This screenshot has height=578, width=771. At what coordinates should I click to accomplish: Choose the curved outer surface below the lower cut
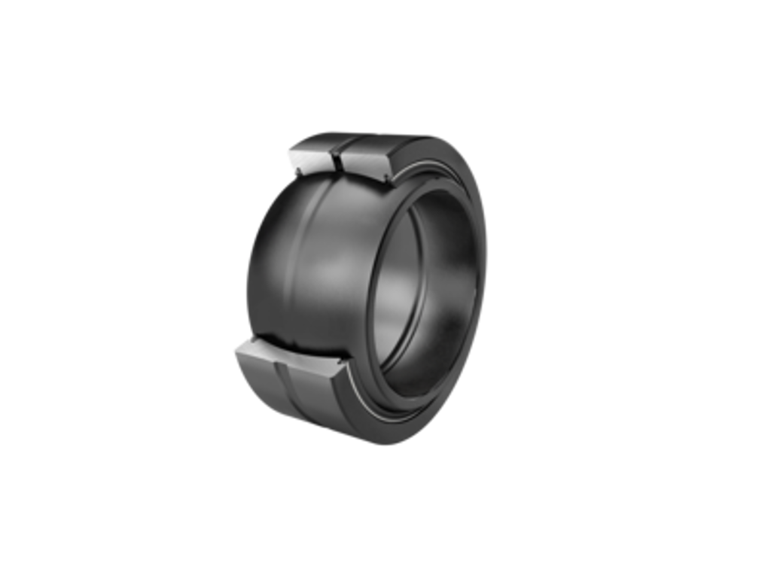click(x=301, y=399)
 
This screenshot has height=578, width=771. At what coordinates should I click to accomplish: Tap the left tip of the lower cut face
click(x=236, y=348)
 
